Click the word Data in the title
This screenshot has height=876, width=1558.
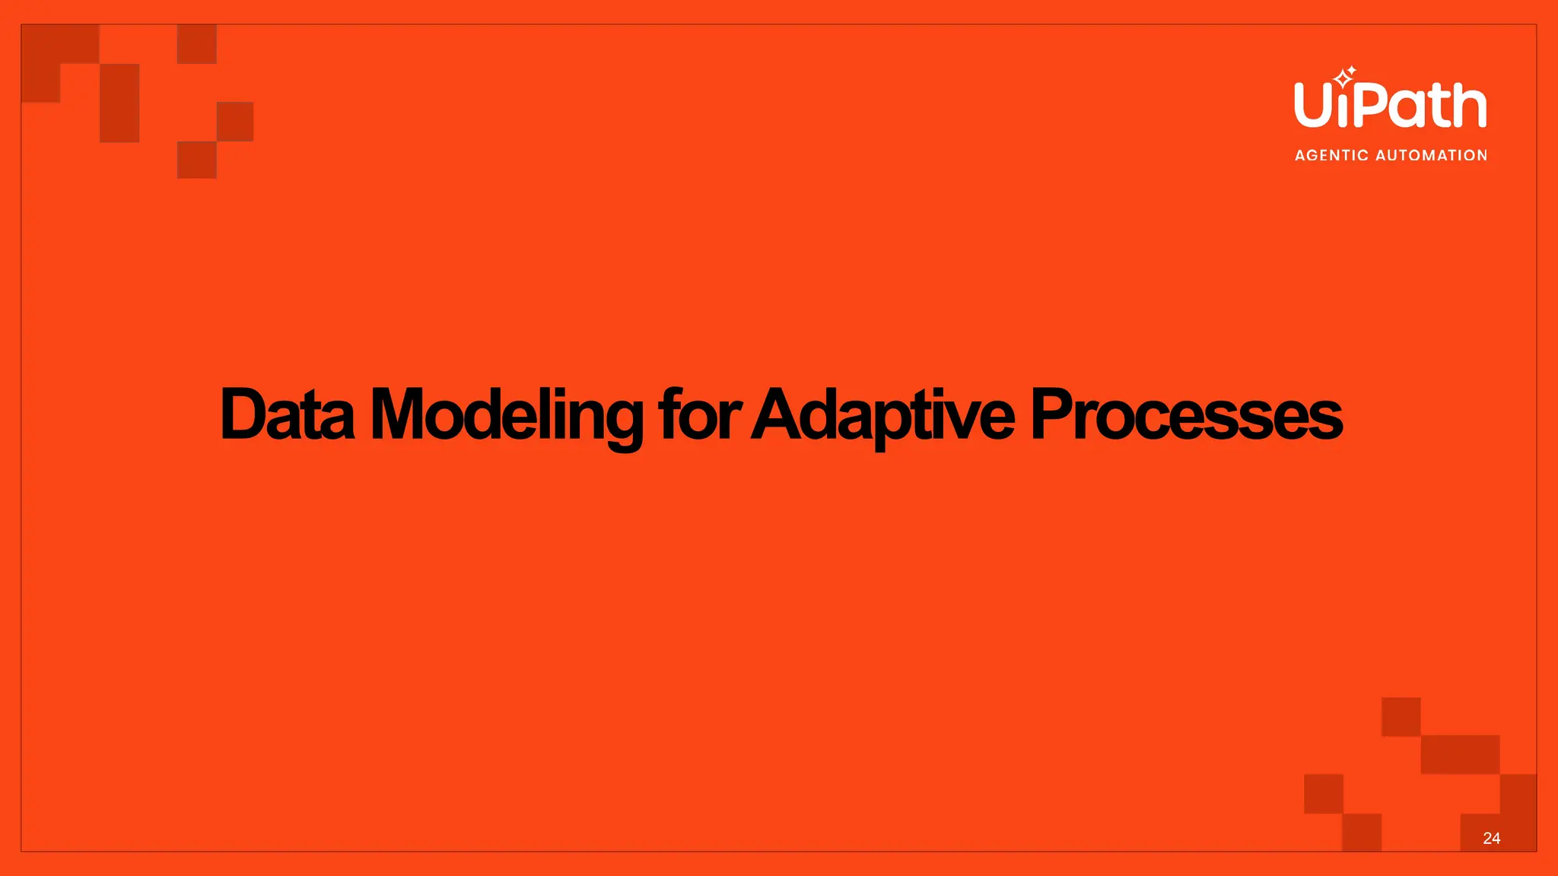pos(287,414)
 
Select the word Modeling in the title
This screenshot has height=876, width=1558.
pos(506,414)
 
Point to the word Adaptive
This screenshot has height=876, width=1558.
pos(882,414)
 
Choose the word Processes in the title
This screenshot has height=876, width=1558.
pos(1186,414)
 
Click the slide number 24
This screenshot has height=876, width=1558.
pos(1491,838)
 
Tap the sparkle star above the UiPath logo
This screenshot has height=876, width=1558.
pos(1344,77)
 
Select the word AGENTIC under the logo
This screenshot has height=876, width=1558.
pos(1331,155)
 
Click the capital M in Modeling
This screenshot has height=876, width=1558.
pos(396,414)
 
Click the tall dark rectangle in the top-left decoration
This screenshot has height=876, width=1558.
pos(119,103)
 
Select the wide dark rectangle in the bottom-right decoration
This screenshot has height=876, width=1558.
pos(1460,754)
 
